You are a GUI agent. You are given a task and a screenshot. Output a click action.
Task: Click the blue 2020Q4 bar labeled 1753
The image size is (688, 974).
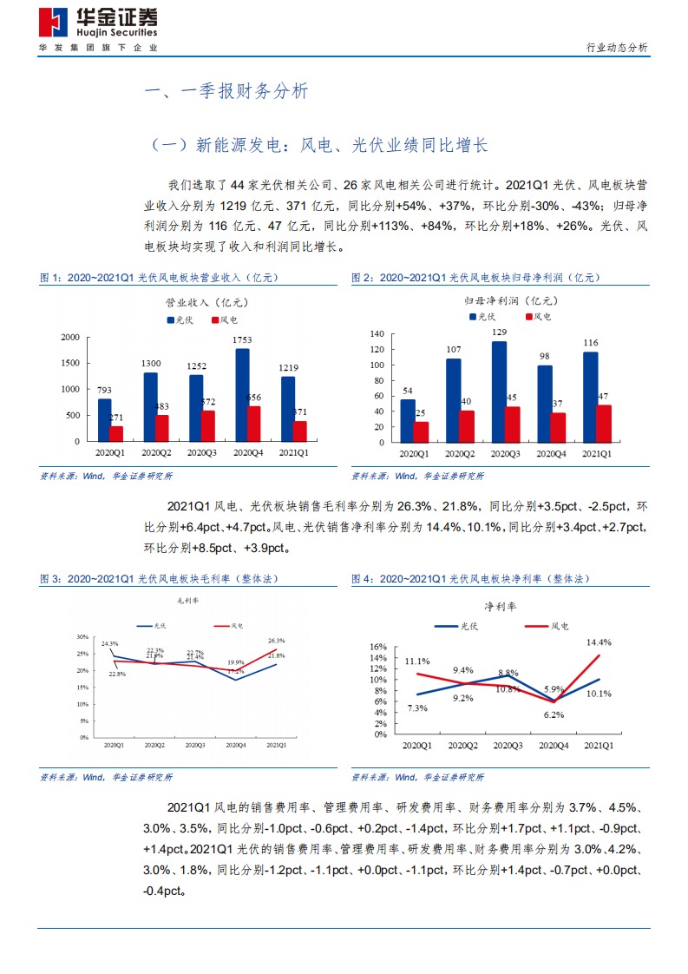click(x=242, y=394)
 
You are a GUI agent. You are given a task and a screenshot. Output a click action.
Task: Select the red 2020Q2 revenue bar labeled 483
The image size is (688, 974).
click(x=162, y=428)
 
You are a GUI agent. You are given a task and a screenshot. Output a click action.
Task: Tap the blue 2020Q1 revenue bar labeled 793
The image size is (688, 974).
click(x=104, y=419)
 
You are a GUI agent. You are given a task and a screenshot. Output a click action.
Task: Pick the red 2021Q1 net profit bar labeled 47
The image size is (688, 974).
click(x=604, y=423)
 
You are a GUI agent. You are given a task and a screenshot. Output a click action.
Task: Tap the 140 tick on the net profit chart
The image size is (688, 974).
click(x=377, y=333)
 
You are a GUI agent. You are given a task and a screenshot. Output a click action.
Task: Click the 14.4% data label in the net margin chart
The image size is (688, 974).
click(x=598, y=642)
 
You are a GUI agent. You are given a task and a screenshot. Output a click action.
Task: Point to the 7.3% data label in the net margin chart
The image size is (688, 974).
click(x=416, y=708)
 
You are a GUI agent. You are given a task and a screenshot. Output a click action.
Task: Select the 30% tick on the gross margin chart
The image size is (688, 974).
click(x=83, y=635)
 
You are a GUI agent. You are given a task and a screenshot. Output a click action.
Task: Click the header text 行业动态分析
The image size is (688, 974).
click(x=616, y=48)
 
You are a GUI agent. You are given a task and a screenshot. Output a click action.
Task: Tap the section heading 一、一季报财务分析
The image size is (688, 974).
click(x=224, y=91)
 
